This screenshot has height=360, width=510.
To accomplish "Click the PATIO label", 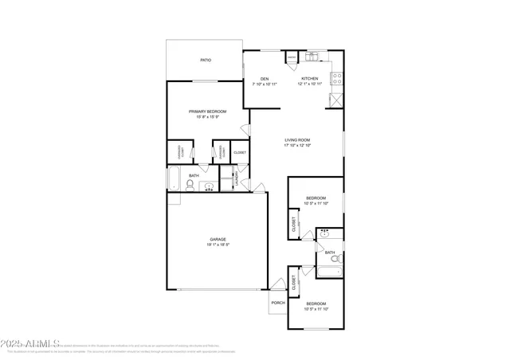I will pos(205,60).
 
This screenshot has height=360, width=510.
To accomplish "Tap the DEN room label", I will pos(264,78).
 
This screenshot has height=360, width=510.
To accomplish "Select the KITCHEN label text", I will pos(309,78).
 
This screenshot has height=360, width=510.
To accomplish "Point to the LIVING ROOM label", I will pos(297,140).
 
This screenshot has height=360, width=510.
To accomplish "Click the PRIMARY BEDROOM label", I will pos(207,112).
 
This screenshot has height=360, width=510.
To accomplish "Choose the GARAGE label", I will pos(218,239).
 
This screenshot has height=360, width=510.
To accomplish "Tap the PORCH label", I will pos(278,303).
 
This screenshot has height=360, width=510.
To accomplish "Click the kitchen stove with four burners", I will pos(337,79).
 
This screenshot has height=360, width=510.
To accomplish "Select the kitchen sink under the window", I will pos(312,57).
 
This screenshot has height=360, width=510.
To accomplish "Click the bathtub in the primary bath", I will pos(175,179).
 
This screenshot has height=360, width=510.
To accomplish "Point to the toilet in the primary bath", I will pos(190,185).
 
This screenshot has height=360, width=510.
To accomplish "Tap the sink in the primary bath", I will pos(209,187).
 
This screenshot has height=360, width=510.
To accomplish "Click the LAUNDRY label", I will pos(237,179).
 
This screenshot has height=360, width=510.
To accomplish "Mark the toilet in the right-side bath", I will pos(336,260).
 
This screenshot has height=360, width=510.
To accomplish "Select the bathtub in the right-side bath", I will pos(328,272).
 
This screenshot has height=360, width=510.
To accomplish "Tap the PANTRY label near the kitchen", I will pos(292,57).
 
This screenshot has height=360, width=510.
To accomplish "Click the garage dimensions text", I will pos(218,245).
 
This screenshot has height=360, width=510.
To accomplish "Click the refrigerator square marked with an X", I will pos(336,100).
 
